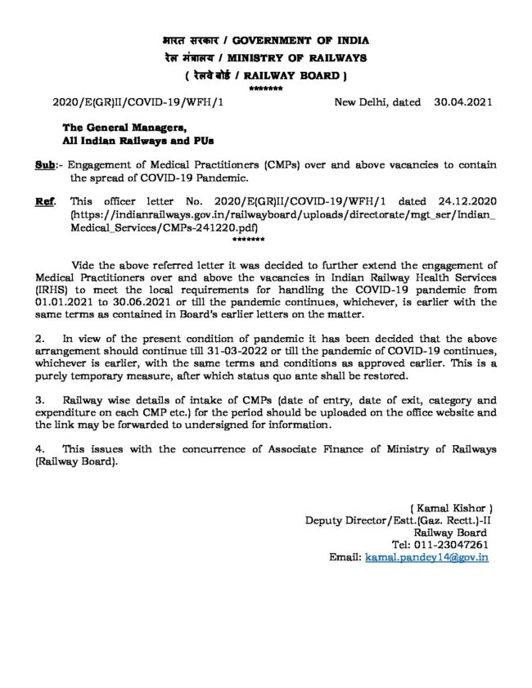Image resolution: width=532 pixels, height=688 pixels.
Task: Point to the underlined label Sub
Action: point(45,164)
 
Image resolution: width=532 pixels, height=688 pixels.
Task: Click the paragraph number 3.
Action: point(39,400)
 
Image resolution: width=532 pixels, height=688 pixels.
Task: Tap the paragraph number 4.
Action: point(39,450)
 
